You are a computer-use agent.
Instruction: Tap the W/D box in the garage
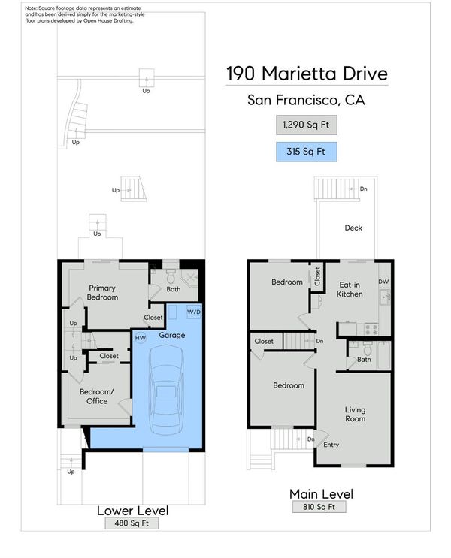194,312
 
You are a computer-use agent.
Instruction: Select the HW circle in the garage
141,338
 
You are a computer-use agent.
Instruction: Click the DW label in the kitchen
383,282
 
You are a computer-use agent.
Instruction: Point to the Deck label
353,228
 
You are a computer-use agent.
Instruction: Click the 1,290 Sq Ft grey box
307,125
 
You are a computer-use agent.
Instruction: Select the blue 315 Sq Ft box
307,152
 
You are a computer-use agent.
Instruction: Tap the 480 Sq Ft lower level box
132,523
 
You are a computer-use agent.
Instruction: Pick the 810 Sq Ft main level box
319,507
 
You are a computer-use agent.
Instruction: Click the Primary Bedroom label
102,293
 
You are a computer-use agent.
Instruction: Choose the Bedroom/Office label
96,396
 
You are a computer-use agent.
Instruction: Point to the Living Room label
356,415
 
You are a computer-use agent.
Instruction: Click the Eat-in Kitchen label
350,289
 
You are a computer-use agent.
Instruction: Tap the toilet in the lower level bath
171,276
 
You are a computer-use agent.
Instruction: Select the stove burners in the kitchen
371,329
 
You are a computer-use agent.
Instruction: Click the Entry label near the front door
331,445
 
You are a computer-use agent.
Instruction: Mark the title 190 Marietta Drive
307,74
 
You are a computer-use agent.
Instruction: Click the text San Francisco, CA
307,100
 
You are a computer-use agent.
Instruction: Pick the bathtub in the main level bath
383,354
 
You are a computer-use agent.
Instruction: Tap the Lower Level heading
132,511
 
